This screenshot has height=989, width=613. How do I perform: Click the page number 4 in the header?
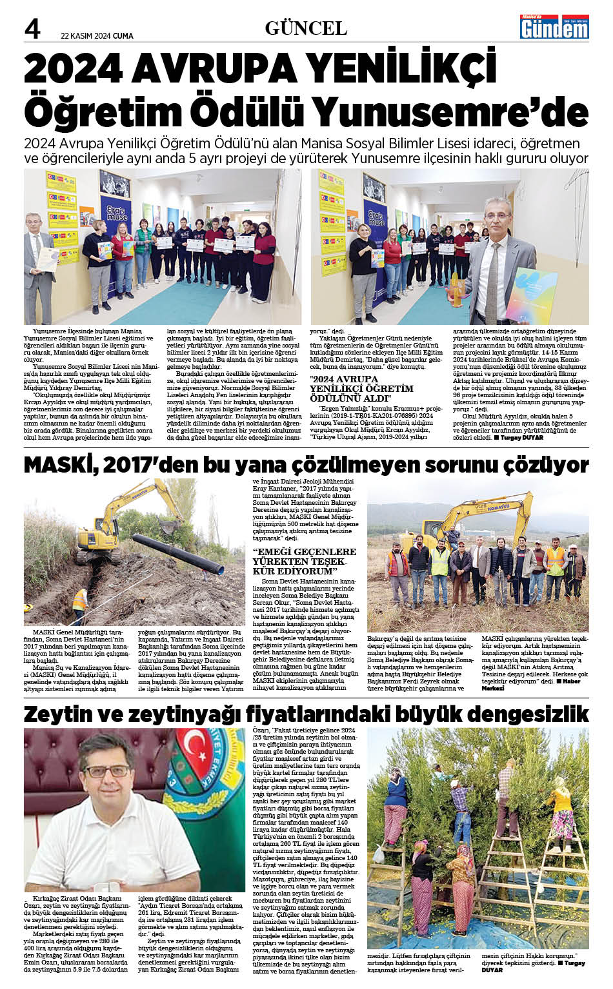[32, 28]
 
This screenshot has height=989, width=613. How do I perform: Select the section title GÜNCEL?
[306, 28]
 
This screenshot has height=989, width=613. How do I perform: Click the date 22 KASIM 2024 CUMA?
[97, 36]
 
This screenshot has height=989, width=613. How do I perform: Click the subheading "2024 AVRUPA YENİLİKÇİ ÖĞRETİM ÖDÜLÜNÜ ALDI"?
[361, 388]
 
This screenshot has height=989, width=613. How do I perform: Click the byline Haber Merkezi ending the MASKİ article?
[526, 684]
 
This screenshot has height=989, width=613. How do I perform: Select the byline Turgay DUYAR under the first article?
[522, 438]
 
